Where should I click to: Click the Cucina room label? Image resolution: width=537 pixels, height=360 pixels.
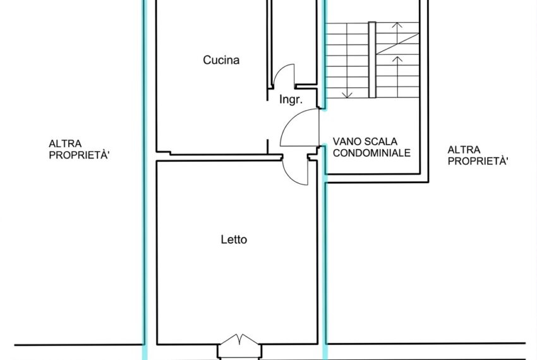(x=221, y=60)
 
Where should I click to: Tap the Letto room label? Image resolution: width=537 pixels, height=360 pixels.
(x=234, y=239)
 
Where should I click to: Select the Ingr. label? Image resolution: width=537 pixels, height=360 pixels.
(x=291, y=99)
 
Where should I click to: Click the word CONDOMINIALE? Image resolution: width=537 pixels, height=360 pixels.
(x=371, y=153)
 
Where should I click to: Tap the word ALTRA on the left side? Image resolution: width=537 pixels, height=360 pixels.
(x=65, y=143)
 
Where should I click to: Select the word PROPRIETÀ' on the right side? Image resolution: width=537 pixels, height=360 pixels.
(x=478, y=161)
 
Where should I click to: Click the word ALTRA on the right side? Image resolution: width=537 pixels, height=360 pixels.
(x=464, y=150)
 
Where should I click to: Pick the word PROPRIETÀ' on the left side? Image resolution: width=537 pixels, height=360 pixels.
(x=79, y=155)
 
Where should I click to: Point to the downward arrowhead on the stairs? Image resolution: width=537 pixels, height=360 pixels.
(x=347, y=95)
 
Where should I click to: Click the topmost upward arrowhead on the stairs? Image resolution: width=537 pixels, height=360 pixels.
(x=397, y=25)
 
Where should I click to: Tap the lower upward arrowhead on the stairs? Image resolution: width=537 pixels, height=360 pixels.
(x=397, y=59)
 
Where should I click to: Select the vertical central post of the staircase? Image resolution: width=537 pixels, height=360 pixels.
(x=372, y=60)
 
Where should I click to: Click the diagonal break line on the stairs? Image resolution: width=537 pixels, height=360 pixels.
(x=397, y=44)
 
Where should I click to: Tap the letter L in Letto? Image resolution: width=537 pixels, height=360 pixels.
(x=224, y=239)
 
